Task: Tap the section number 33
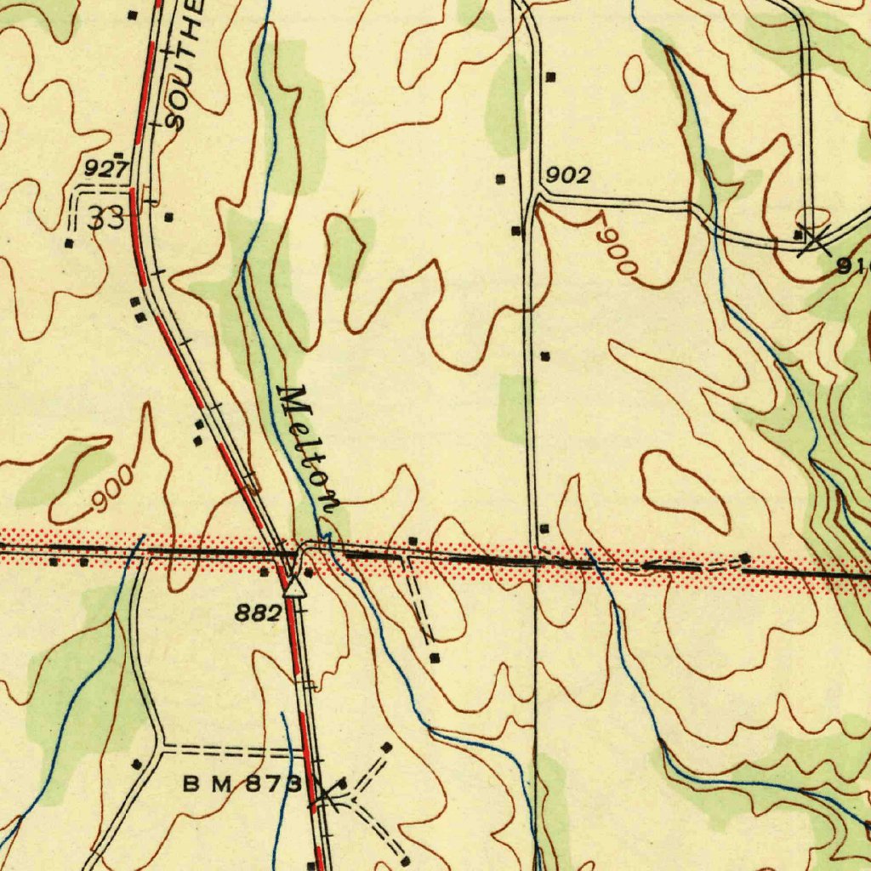pos(106,219)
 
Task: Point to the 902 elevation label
pos(567,176)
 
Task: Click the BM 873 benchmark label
pos(242,785)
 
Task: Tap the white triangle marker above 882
pos(295,586)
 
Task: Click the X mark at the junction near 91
pos(815,242)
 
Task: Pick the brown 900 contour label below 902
pos(616,248)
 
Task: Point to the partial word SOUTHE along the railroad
pos(185,64)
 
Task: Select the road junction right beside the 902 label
pos(536,196)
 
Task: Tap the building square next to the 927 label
pos(119,155)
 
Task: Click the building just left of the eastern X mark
pos(798,234)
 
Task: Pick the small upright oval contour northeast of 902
pos(634,73)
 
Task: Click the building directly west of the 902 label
pos(500,179)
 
